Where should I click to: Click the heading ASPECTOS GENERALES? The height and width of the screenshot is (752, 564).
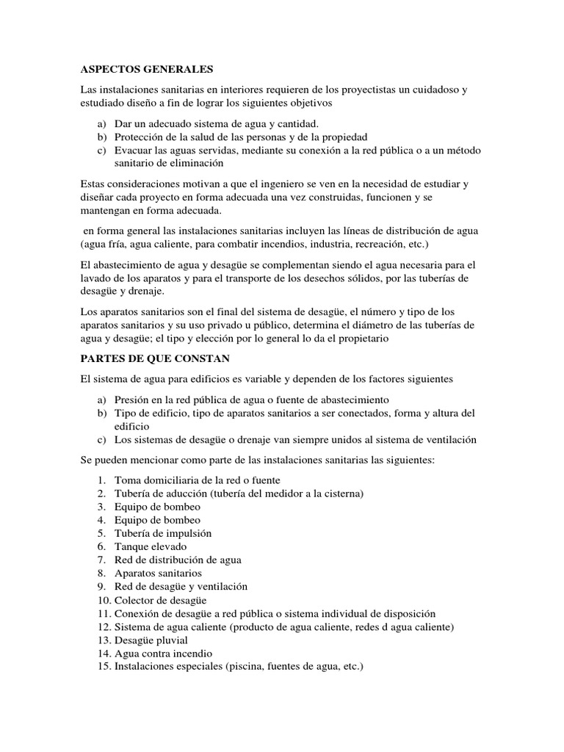pos(146,70)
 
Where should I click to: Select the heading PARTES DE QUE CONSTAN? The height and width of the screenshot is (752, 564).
pos(155,358)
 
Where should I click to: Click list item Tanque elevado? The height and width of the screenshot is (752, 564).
pos(150,546)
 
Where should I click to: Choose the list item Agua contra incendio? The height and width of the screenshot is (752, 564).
pos(163,653)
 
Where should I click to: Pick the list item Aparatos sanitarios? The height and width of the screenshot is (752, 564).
pos(157,573)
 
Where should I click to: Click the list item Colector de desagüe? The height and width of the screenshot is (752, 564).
pos(159,600)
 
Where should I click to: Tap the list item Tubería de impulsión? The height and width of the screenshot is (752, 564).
pos(163,533)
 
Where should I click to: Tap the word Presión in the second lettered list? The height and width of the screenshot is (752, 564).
pos(131,399)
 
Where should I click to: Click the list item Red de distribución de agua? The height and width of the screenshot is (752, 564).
pos(178,560)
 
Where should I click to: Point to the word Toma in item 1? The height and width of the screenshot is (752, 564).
pos(127,480)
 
